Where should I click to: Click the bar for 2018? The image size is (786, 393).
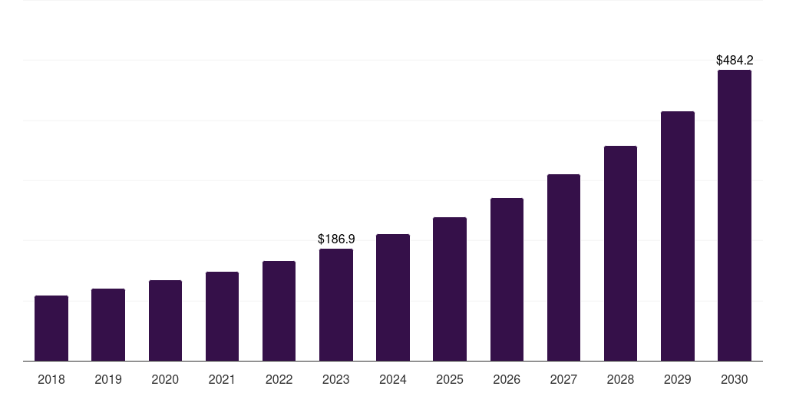[x=51, y=328]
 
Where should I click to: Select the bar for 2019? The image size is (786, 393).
[x=108, y=325]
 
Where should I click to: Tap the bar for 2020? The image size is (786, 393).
[x=165, y=320]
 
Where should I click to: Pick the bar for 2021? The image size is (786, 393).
[x=222, y=316]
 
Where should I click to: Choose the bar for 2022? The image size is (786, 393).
[x=279, y=311]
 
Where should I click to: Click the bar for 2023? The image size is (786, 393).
[x=336, y=305]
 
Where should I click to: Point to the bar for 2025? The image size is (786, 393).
[x=450, y=289]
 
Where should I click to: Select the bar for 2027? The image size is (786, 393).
[x=563, y=267]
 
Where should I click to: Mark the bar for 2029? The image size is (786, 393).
[x=677, y=236]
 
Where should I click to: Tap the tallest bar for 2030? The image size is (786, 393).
[x=734, y=215]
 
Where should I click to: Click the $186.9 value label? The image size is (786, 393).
[x=336, y=239]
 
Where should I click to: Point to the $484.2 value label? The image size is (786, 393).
[x=735, y=60]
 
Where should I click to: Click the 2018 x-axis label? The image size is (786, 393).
[x=51, y=379]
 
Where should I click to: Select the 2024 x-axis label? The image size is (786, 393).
[x=393, y=379]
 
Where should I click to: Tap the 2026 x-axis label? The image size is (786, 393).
[x=507, y=379]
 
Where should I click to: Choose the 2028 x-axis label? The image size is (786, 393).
[x=620, y=379]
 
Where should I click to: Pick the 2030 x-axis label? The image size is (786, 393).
[x=734, y=379]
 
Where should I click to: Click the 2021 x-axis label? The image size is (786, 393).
[x=222, y=379]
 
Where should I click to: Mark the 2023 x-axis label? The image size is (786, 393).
[x=336, y=379]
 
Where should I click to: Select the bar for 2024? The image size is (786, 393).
[x=393, y=297]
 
